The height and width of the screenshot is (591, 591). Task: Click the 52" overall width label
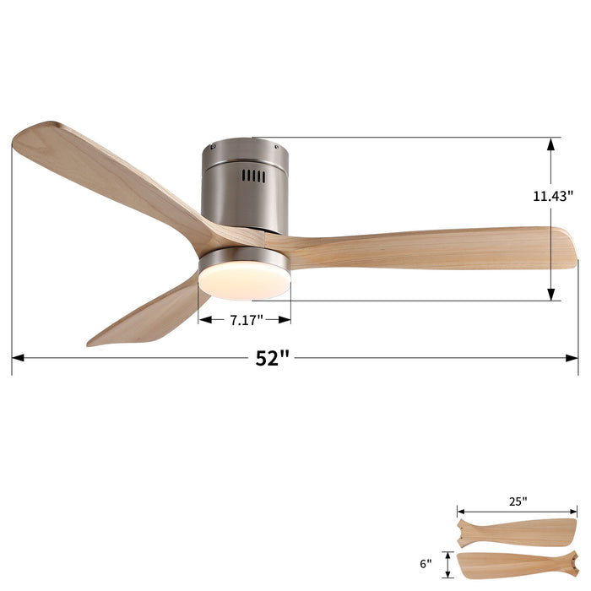tap(273, 358)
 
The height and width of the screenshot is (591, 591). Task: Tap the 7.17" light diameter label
tap(246, 320)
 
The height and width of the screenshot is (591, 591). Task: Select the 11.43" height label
tap(552, 196)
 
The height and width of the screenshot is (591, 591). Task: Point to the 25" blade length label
tap(518, 501)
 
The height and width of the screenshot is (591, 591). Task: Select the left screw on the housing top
tap(213, 147)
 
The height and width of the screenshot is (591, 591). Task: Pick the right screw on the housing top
tap(276, 145)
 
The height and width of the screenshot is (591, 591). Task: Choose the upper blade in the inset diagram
tap(515, 532)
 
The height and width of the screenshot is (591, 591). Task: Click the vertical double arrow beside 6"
tap(447, 563)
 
